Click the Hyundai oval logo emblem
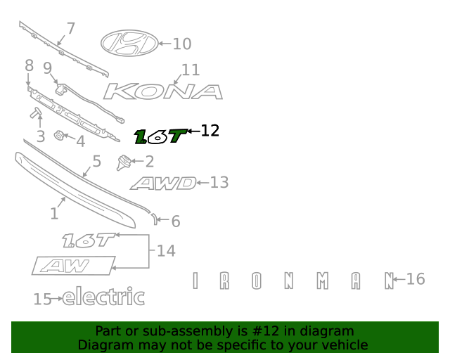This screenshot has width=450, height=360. [x=129, y=44]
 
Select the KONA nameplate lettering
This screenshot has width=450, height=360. [x=163, y=92]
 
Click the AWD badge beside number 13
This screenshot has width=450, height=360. [x=163, y=184]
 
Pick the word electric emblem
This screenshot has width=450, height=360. [x=103, y=298]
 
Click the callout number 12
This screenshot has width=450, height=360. [x=210, y=131]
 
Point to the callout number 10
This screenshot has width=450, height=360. [x=181, y=44]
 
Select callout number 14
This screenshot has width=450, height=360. [x=166, y=250]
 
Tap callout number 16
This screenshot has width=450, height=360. [x=416, y=279]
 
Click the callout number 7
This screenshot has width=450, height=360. [x=70, y=29]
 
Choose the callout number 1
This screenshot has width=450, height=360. [x=54, y=214]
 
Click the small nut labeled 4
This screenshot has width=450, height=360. [x=60, y=136]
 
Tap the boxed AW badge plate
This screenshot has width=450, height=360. [x=73, y=266]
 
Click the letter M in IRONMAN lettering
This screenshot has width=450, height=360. [x=322, y=281]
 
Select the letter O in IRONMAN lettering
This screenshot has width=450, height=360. [x=257, y=281]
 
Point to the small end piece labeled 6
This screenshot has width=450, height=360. [x=154, y=218]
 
